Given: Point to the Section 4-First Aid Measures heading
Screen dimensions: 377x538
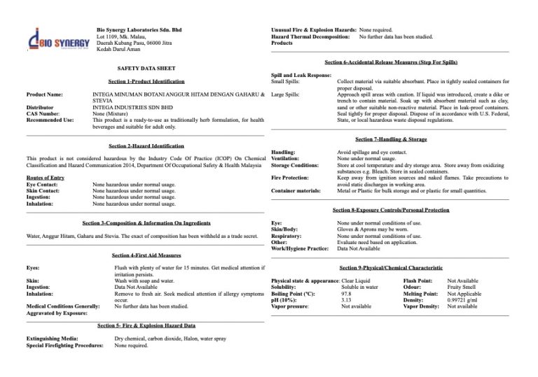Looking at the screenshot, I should [146, 256].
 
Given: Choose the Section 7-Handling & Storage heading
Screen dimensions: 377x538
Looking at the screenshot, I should [390, 139].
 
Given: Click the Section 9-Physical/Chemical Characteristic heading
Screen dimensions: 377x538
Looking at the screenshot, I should [390, 268].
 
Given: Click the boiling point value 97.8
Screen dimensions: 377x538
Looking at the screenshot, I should [346, 293].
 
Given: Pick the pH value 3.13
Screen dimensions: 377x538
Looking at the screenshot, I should [346, 299].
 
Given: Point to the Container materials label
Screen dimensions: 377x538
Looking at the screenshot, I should [296, 190].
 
